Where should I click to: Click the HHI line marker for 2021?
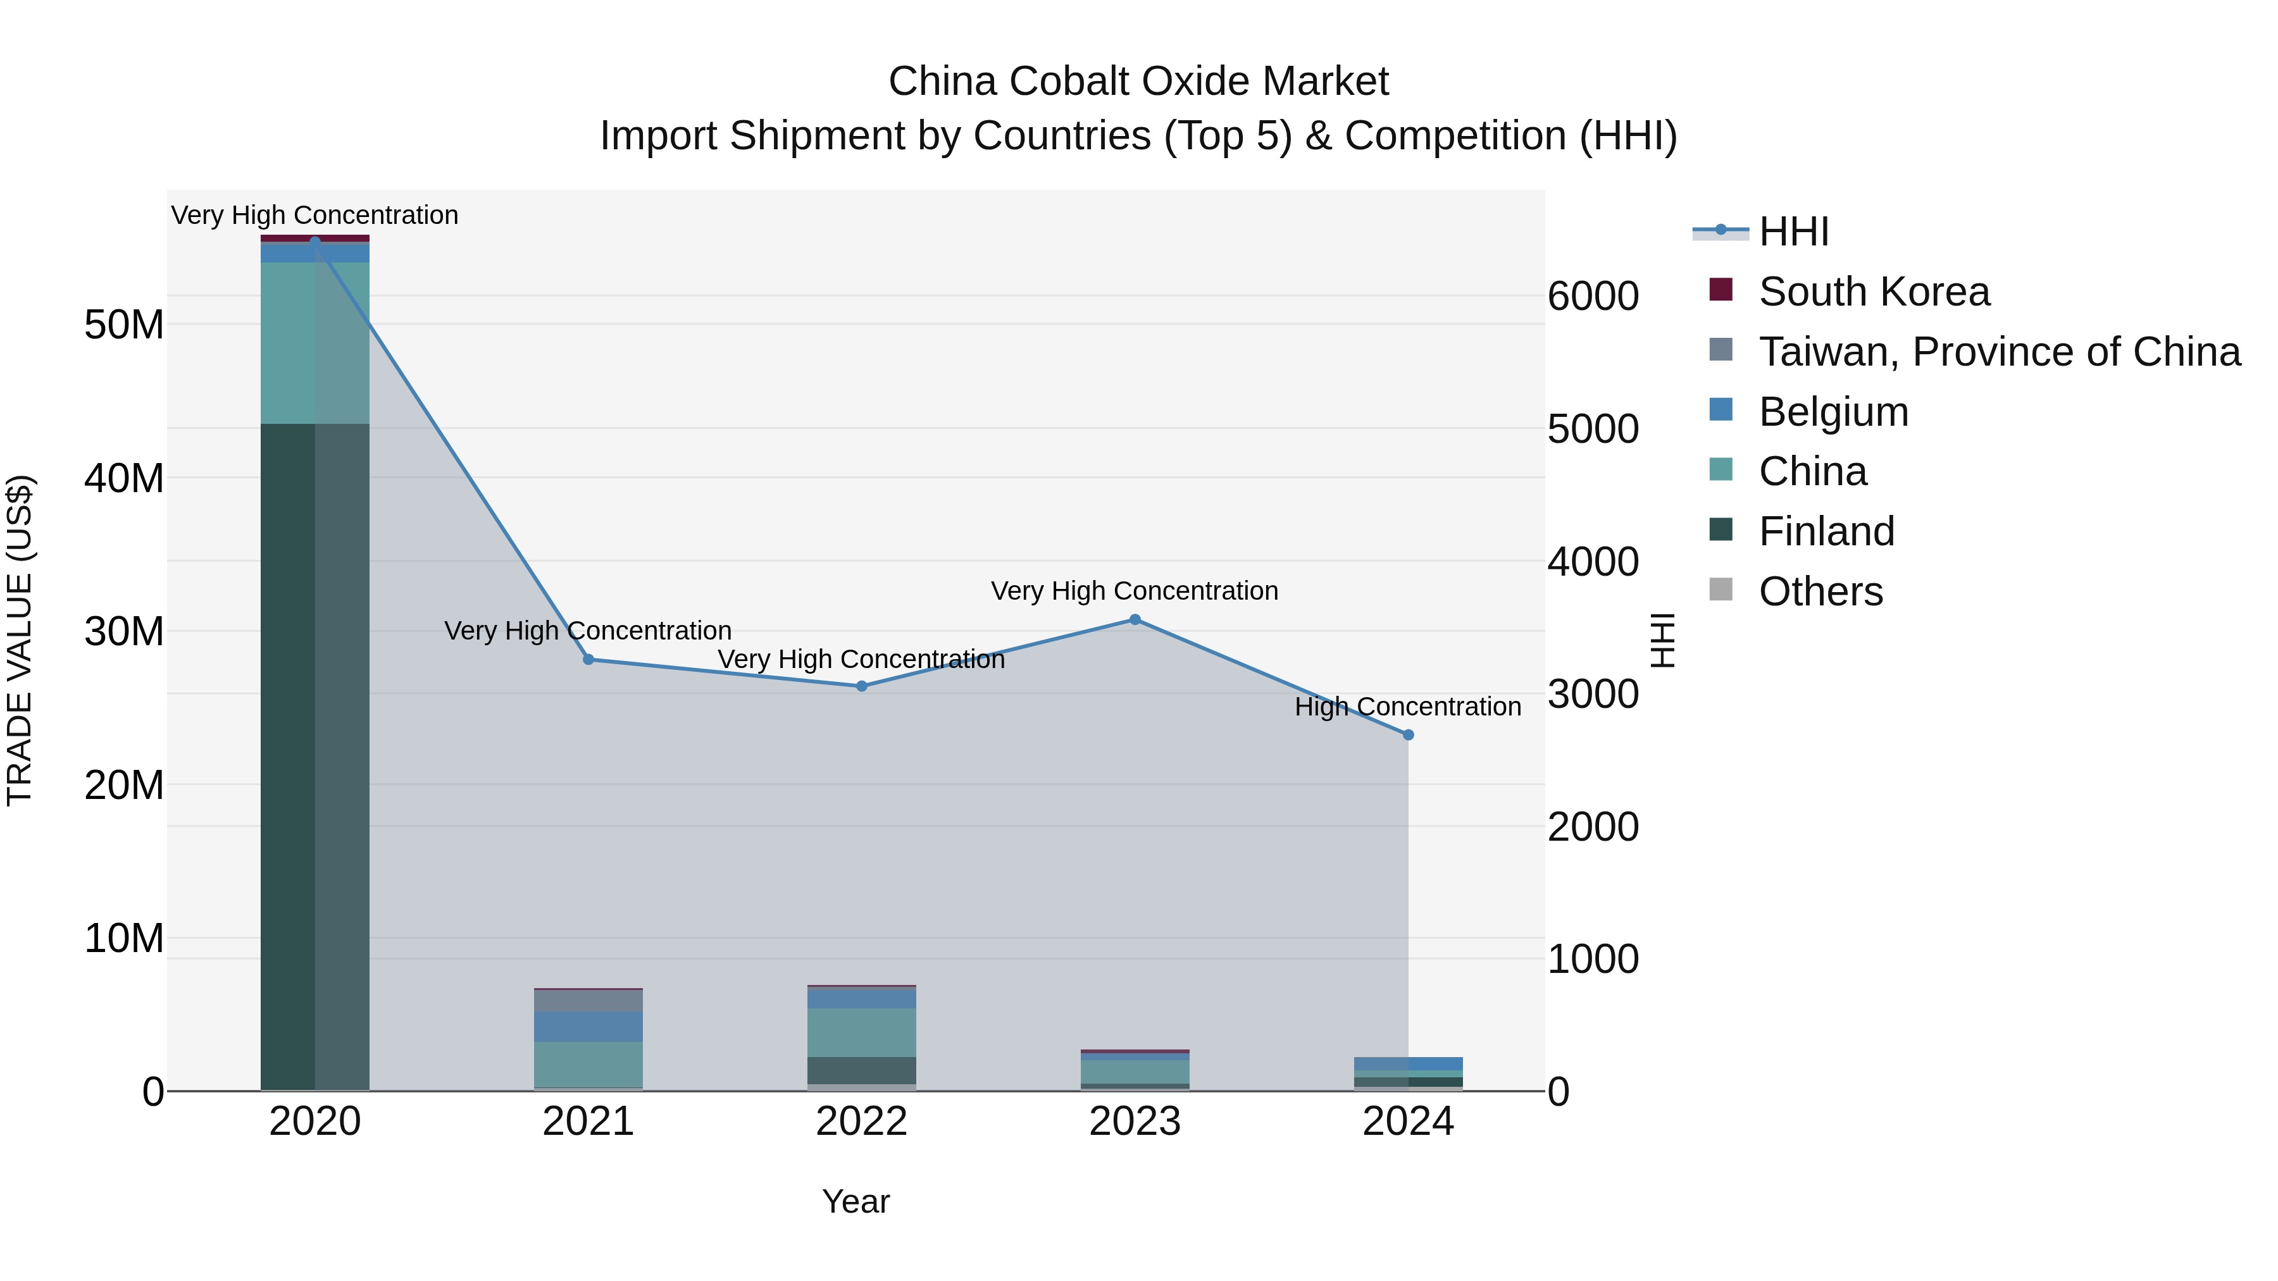(x=588, y=660)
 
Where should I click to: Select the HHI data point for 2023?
(x=1135, y=620)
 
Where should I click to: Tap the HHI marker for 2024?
(x=1408, y=734)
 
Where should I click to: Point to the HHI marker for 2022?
(x=861, y=686)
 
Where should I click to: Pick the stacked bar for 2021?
(x=588, y=1039)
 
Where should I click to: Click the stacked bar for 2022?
(x=861, y=1038)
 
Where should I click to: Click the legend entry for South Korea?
(x=1872, y=292)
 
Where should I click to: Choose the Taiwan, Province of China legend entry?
(x=1998, y=352)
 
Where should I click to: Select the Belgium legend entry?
(x=1833, y=412)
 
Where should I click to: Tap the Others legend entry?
(x=1820, y=591)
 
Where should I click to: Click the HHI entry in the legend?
(x=1793, y=232)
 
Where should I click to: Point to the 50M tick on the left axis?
(x=124, y=325)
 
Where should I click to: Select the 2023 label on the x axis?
(x=1135, y=1122)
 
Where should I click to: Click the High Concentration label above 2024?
(x=1408, y=707)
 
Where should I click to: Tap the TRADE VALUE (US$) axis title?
(x=20, y=640)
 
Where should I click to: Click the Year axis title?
(x=855, y=1201)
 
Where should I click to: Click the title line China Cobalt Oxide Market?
(x=1138, y=82)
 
